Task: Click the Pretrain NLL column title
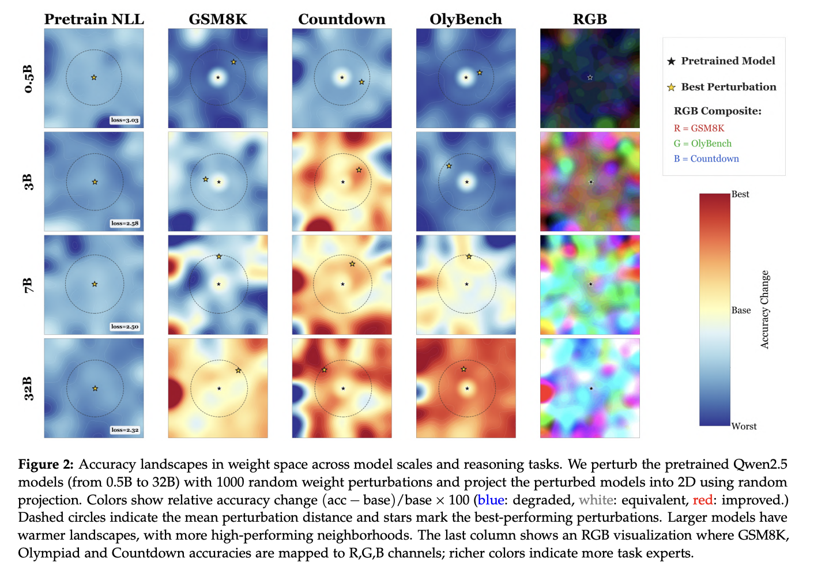pyautogui.click(x=94, y=19)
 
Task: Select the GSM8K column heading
pyautogui.click(x=218, y=19)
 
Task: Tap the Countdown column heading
pyautogui.click(x=342, y=19)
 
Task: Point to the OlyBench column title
pyautogui.click(x=466, y=19)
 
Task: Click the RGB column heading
pyautogui.click(x=590, y=19)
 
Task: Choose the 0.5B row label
pyautogui.click(x=28, y=79)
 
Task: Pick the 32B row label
pyautogui.click(x=28, y=389)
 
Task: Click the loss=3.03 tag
pyautogui.click(x=125, y=120)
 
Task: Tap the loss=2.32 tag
pyautogui.click(x=125, y=430)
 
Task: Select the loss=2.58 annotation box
pyautogui.click(x=125, y=223)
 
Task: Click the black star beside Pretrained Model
pyautogui.click(x=671, y=61)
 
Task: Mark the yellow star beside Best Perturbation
pyautogui.click(x=671, y=88)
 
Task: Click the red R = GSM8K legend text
pyautogui.click(x=699, y=128)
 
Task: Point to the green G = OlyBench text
pyautogui.click(x=703, y=144)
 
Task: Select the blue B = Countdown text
pyautogui.click(x=706, y=159)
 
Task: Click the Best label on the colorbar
pyautogui.click(x=740, y=194)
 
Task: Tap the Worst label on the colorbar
pyautogui.click(x=744, y=427)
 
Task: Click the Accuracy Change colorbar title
pyautogui.click(x=765, y=310)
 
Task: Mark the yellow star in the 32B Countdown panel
pyautogui.click(x=325, y=370)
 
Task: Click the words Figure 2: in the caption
pyautogui.click(x=46, y=465)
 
